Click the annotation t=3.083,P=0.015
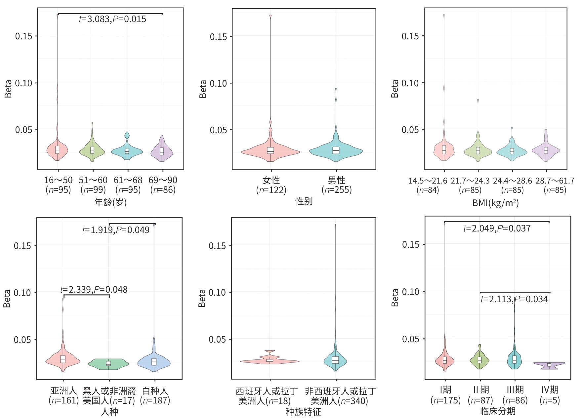(x=112, y=19)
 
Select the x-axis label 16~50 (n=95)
(x=58, y=185)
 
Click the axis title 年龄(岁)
(x=110, y=202)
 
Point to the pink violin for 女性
(x=270, y=151)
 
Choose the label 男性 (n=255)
(x=337, y=185)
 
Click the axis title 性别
(x=304, y=201)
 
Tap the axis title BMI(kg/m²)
(x=495, y=202)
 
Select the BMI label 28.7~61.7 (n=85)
(x=555, y=185)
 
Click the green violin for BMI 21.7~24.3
(x=478, y=151)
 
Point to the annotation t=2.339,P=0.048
(x=94, y=290)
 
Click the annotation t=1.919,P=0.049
(x=116, y=230)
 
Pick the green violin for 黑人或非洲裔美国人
(x=108, y=363)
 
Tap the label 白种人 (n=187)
(x=155, y=396)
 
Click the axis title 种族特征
(x=303, y=412)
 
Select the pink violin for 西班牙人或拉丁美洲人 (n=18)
(x=270, y=361)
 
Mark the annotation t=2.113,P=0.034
(x=514, y=299)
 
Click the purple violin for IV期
(x=549, y=365)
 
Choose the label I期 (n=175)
(x=445, y=395)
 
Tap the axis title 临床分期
(x=498, y=411)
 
